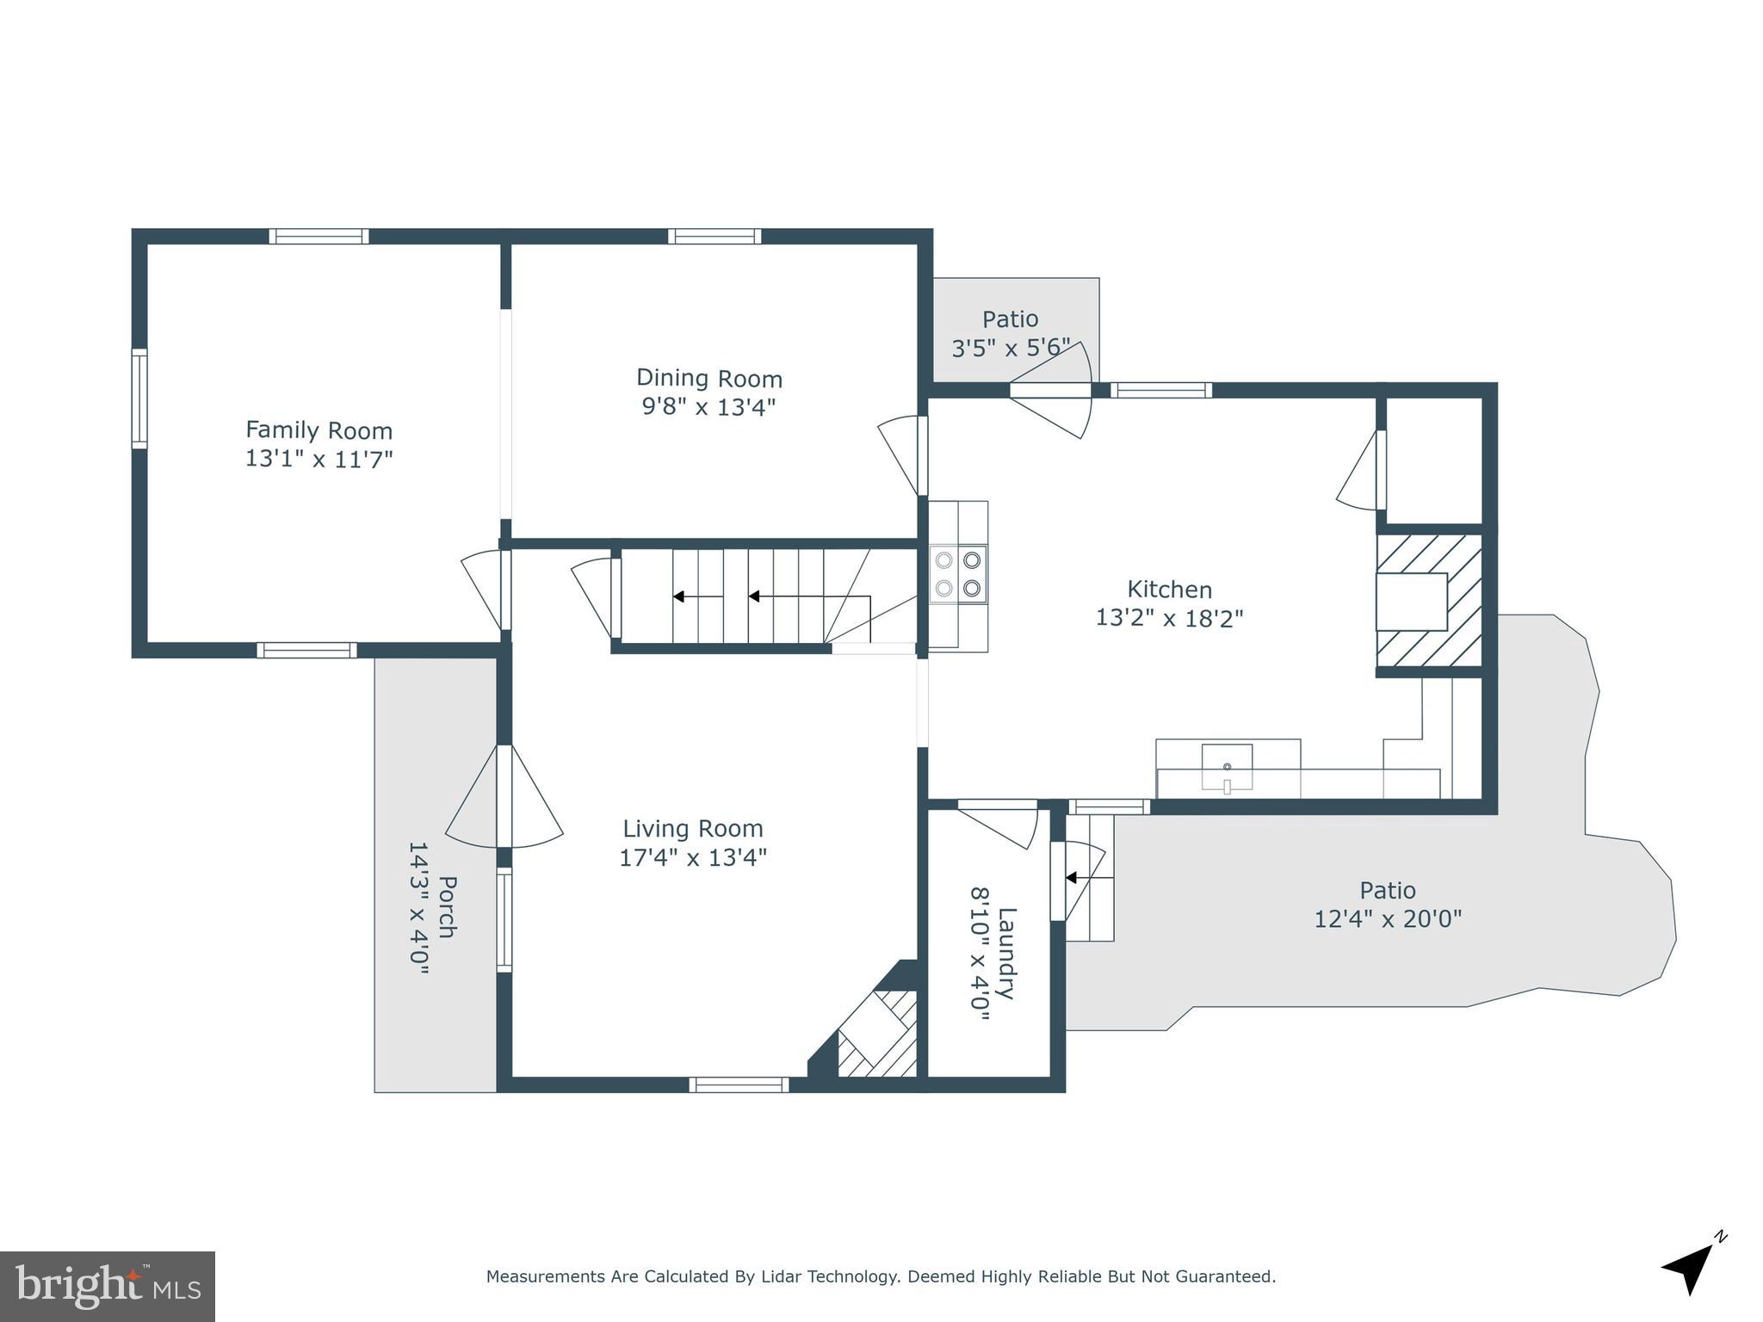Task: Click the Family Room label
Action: [319, 429]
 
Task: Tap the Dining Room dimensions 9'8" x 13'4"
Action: [708, 406]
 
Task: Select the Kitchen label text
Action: [1169, 590]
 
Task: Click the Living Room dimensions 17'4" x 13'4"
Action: [693, 857]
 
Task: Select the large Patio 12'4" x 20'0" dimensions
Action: [1387, 919]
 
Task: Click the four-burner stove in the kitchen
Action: [958, 574]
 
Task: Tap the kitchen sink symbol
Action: [1227, 766]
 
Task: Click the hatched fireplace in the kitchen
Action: [1429, 601]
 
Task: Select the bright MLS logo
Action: [108, 1286]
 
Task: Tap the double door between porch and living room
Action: [504, 796]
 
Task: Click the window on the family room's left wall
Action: [139, 398]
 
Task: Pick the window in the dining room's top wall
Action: [714, 236]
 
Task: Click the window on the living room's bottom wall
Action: [739, 1084]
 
